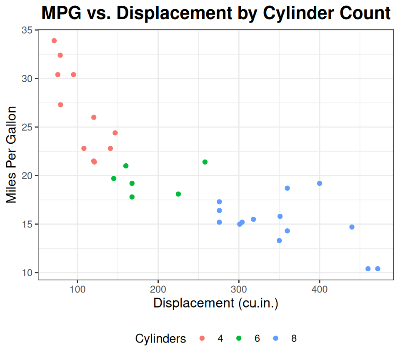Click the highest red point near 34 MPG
(x=54, y=41)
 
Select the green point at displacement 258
(x=205, y=162)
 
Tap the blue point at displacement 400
(x=320, y=183)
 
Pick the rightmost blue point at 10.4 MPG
(x=377, y=269)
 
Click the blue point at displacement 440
(x=352, y=227)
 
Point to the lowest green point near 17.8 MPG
(x=132, y=197)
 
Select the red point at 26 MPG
(x=94, y=117)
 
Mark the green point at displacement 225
(x=178, y=194)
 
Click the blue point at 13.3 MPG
(x=279, y=240)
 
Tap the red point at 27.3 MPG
(x=60, y=105)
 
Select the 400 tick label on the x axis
(x=320, y=288)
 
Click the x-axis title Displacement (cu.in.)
(x=216, y=303)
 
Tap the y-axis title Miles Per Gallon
(x=12, y=155)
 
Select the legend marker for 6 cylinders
(x=239, y=338)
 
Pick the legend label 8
(x=294, y=339)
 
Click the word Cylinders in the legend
(x=161, y=339)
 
